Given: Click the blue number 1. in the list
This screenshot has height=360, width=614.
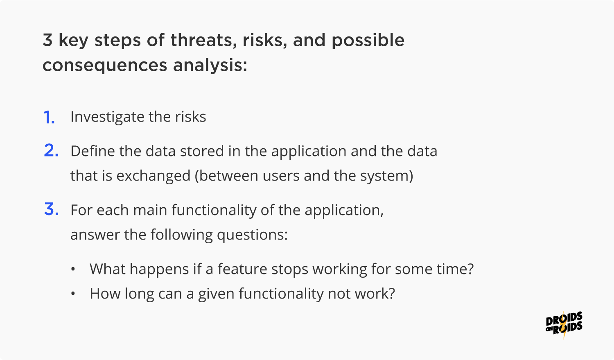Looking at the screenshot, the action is coord(50,118).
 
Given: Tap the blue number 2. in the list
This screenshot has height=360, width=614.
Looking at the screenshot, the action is coord(51,150).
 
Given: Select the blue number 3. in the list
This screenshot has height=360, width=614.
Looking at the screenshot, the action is coord(51,209).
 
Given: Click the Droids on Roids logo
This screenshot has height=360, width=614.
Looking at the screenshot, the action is coord(564,325).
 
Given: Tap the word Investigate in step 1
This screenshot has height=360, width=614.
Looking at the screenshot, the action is coord(107,117).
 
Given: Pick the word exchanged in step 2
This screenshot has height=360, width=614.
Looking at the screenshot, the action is coord(153,176).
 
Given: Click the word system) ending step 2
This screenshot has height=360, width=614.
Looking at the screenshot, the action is coord(387,176).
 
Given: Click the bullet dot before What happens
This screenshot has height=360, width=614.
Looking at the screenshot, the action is coord(73,269).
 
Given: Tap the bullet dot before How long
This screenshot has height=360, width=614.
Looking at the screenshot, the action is coord(73,294).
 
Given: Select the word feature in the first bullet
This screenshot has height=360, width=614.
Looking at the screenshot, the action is coord(243,269).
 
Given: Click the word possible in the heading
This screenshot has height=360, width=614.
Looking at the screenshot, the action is coord(368,41).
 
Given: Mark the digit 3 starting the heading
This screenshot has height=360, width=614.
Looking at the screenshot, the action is coord(47,40).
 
